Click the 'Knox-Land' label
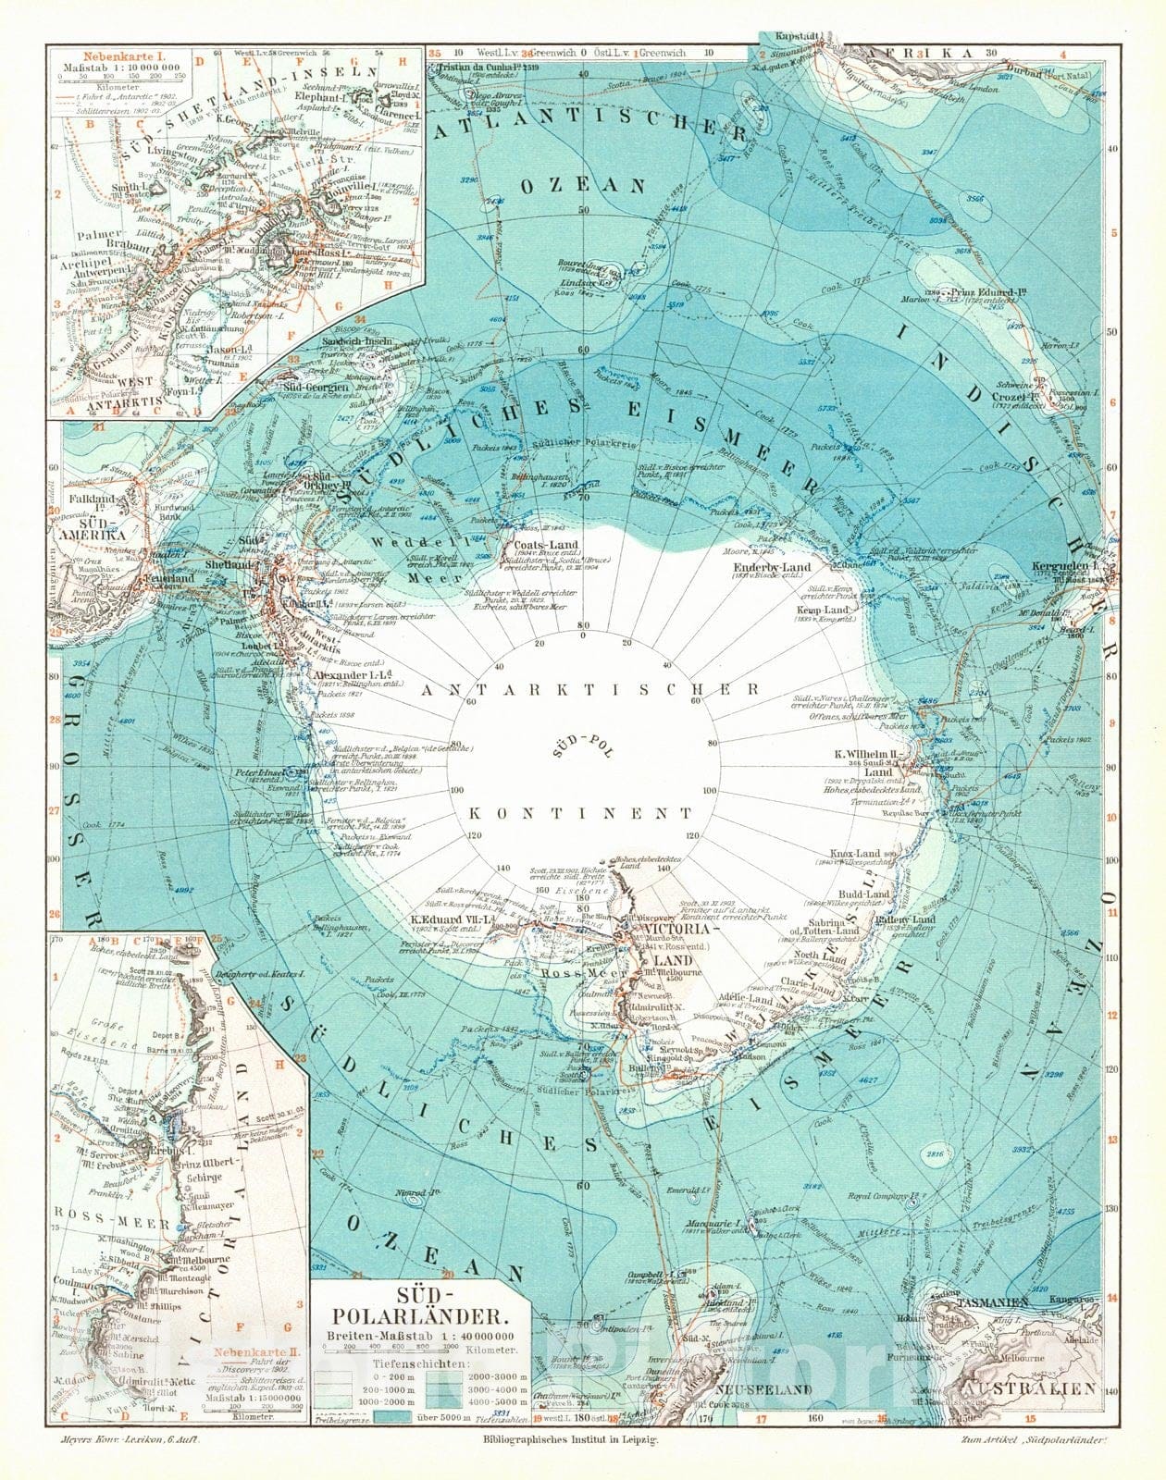[x=856, y=854]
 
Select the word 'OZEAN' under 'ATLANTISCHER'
[x=582, y=185]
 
